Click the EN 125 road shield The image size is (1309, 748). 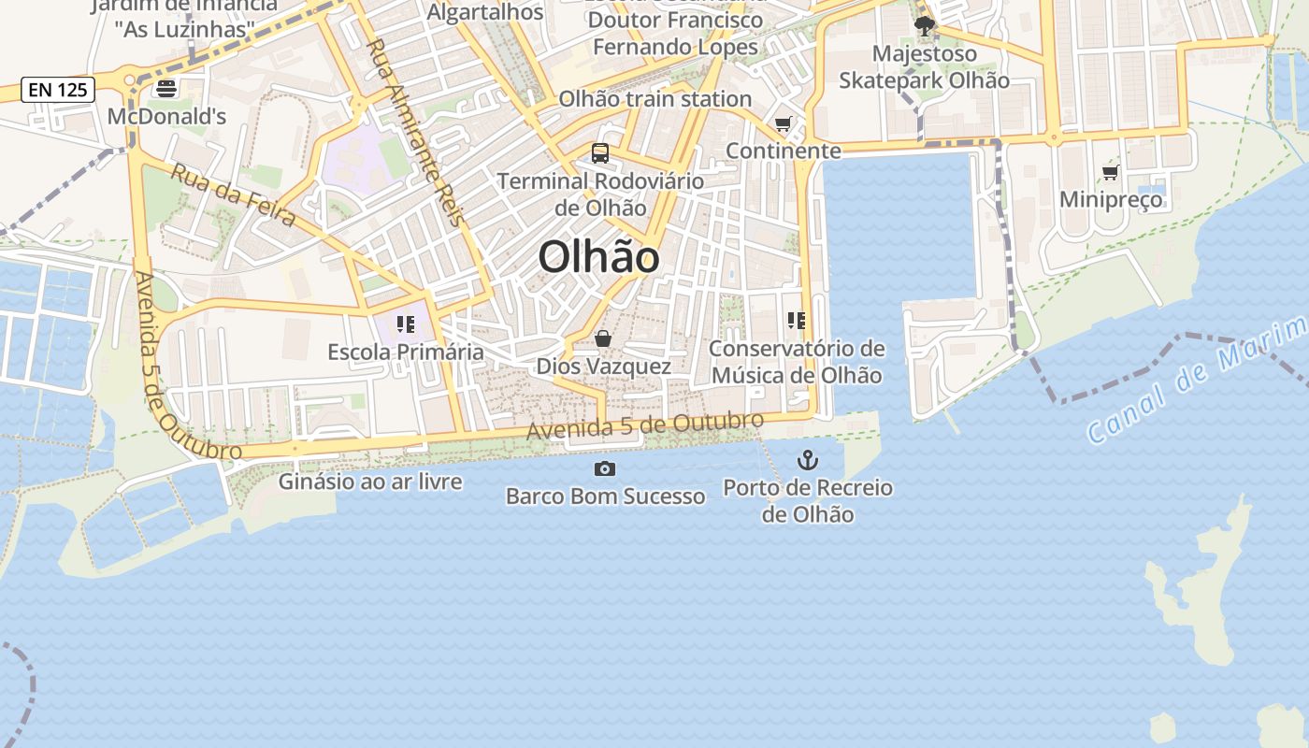click(58, 90)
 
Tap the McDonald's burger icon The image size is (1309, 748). click(166, 89)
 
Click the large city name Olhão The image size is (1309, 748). click(598, 257)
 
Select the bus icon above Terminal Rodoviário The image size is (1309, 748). click(600, 153)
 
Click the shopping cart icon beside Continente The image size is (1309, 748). click(784, 123)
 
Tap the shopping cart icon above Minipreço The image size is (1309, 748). click(1111, 172)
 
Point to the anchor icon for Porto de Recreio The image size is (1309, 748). click(807, 460)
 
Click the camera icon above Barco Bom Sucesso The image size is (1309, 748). click(605, 468)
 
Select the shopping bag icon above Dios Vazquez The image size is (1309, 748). click(603, 338)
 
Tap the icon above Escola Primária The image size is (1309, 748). click(406, 324)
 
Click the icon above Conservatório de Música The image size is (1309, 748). click(797, 321)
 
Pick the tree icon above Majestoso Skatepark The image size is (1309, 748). click(925, 26)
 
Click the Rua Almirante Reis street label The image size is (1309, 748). click(415, 132)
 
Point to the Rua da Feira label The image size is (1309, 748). click(233, 194)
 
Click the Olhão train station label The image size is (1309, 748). click(654, 99)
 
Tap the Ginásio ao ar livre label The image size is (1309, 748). click(370, 482)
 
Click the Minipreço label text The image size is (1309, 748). click(1111, 199)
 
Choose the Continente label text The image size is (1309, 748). click(784, 151)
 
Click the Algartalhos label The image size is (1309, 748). click(484, 12)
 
